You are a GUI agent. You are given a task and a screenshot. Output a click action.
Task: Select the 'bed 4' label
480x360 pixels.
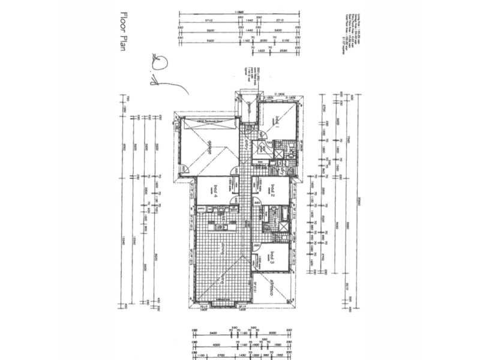[x=214, y=191]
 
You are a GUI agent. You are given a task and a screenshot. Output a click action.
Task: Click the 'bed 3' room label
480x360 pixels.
[x=272, y=257]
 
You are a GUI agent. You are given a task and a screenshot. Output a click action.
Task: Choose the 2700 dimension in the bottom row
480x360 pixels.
[x=221, y=356]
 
